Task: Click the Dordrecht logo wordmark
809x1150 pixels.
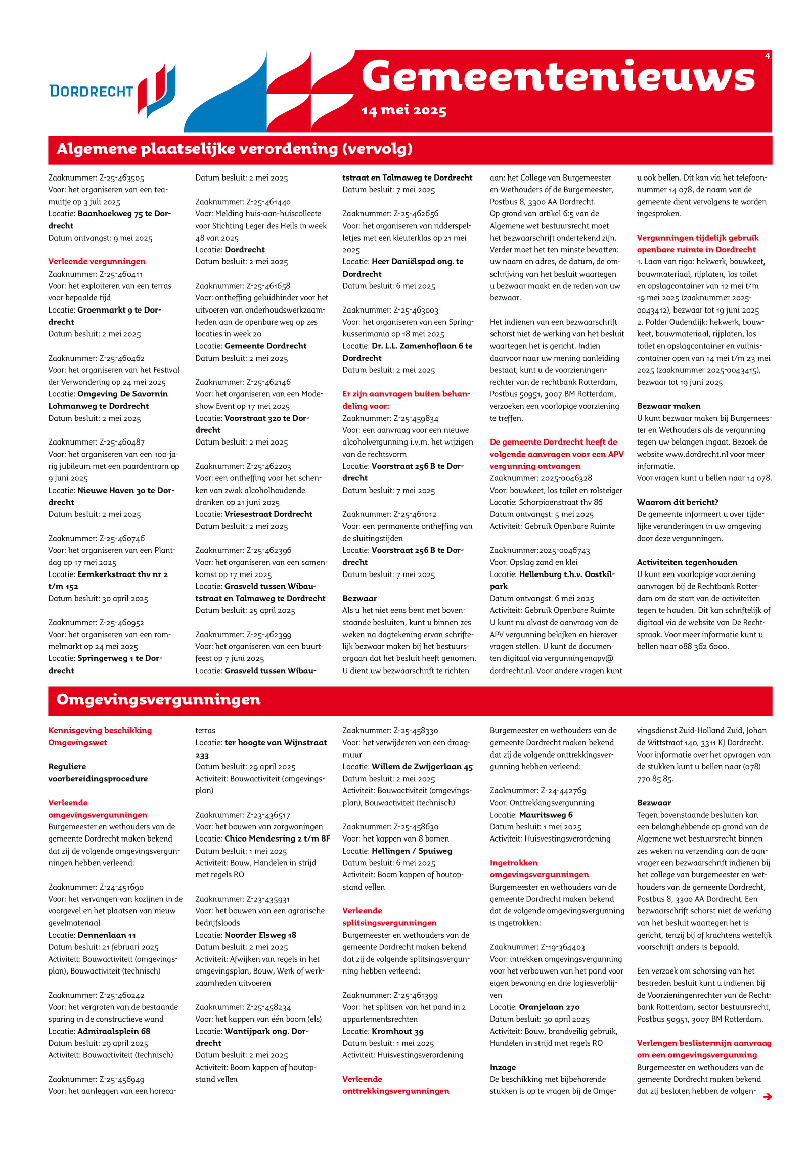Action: (x=91, y=91)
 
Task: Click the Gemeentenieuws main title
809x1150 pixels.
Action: (x=558, y=77)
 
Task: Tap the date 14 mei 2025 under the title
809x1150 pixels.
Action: (x=403, y=111)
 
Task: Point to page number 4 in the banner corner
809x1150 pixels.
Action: (x=767, y=56)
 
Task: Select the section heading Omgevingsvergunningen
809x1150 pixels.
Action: (x=159, y=700)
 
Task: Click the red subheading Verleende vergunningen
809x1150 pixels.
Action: (x=97, y=261)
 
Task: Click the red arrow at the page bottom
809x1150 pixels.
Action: (x=767, y=1096)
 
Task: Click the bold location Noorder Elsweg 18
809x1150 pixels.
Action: (x=260, y=935)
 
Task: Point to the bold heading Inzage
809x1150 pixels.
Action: (x=503, y=1067)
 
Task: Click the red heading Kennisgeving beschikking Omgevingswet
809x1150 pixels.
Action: (x=100, y=736)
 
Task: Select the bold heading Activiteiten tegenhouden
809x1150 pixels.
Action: (x=687, y=562)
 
